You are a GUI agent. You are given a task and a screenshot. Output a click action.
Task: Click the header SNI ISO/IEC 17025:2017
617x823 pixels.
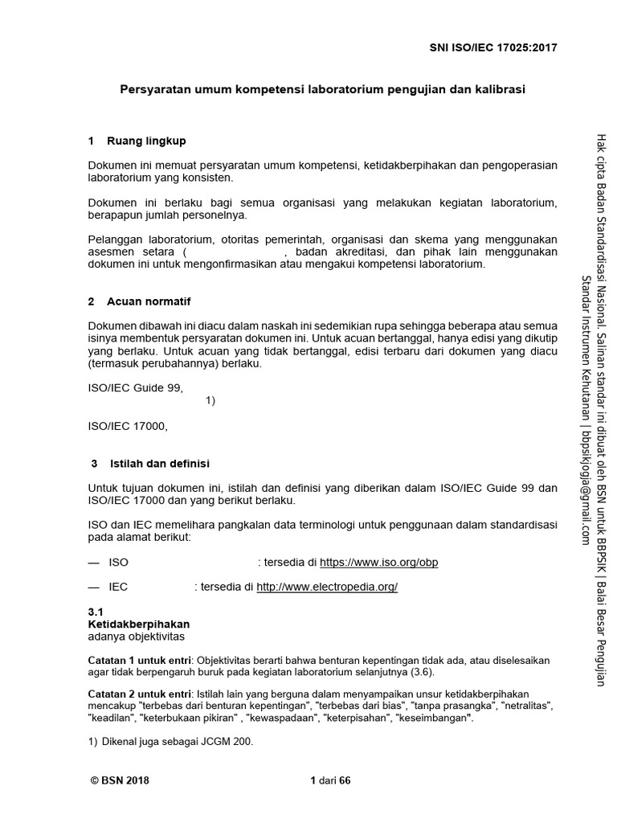(x=492, y=47)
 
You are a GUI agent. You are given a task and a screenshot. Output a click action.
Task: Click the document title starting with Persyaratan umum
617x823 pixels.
(x=322, y=89)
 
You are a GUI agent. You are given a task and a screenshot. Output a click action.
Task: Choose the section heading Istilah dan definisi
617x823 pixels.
(x=158, y=464)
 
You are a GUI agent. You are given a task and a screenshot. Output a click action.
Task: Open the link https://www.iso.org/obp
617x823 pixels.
(x=379, y=562)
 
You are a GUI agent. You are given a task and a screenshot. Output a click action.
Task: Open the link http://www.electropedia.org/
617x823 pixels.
(x=327, y=587)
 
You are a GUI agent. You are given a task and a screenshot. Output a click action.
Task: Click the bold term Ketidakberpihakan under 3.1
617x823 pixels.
(x=138, y=624)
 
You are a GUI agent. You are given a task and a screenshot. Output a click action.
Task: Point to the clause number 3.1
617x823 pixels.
(x=96, y=612)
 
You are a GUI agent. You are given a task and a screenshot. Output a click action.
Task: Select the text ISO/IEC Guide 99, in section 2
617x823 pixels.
(x=135, y=388)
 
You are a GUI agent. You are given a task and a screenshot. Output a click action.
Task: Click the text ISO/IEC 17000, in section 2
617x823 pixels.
(x=129, y=426)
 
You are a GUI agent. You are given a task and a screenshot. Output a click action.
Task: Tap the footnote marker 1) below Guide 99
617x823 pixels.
(x=210, y=401)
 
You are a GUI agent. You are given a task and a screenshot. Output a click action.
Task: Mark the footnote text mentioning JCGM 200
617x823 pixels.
(x=170, y=743)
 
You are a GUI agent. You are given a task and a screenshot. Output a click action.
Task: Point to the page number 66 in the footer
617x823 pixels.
(x=345, y=780)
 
